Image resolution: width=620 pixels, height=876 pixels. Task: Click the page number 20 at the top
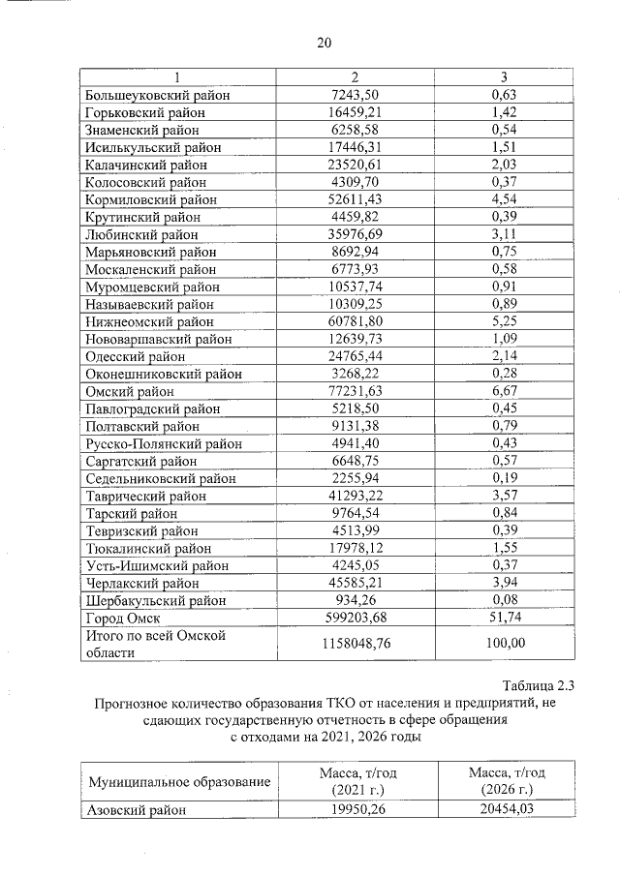(x=324, y=43)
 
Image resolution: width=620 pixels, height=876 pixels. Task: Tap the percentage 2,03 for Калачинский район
(x=502, y=165)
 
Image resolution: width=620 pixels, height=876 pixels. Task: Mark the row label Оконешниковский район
(x=162, y=374)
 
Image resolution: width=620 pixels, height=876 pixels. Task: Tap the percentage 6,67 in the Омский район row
(x=502, y=391)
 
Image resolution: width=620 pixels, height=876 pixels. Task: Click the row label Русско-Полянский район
(x=163, y=443)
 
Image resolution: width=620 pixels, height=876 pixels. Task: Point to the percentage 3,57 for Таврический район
(x=502, y=496)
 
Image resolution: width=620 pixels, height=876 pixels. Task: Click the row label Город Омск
(x=122, y=618)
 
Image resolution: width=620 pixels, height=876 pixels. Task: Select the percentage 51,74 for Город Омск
(x=502, y=618)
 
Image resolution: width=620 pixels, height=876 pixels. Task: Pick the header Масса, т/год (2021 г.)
(x=357, y=781)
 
